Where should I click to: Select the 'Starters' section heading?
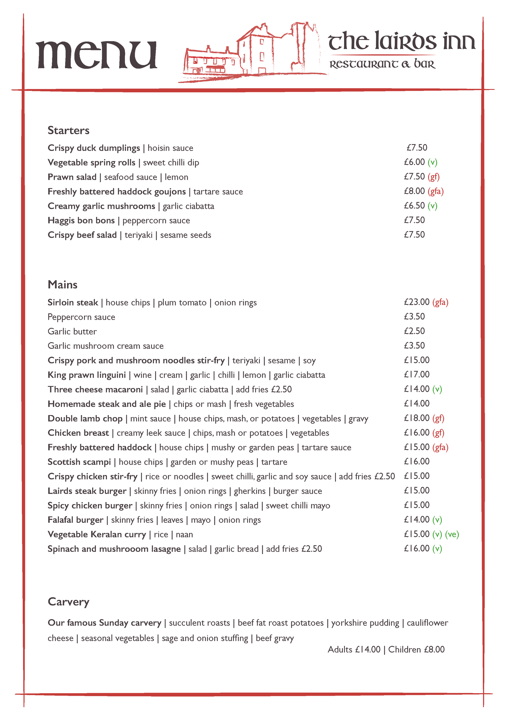tap(68, 130)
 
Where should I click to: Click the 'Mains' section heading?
tap(63, 284)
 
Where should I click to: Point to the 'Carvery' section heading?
tap(68, 601)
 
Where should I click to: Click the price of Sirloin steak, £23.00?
tap(417, 302)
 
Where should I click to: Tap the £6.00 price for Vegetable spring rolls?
tap(414, 162)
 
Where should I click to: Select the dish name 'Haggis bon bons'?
tap(81, 220)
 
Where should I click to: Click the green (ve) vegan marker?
tap(452, 534)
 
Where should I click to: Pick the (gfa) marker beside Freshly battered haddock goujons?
tap(435, 191)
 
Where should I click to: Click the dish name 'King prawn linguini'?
tap(87, 375)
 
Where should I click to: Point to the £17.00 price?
tap(417, 374)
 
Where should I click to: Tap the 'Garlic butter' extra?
tap(72, 332)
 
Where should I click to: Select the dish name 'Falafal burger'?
tap(75, 520)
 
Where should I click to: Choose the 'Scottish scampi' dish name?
tap(79, 462)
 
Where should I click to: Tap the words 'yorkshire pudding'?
tap(365, 623)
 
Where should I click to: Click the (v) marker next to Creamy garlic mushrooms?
tap(432, 206)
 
